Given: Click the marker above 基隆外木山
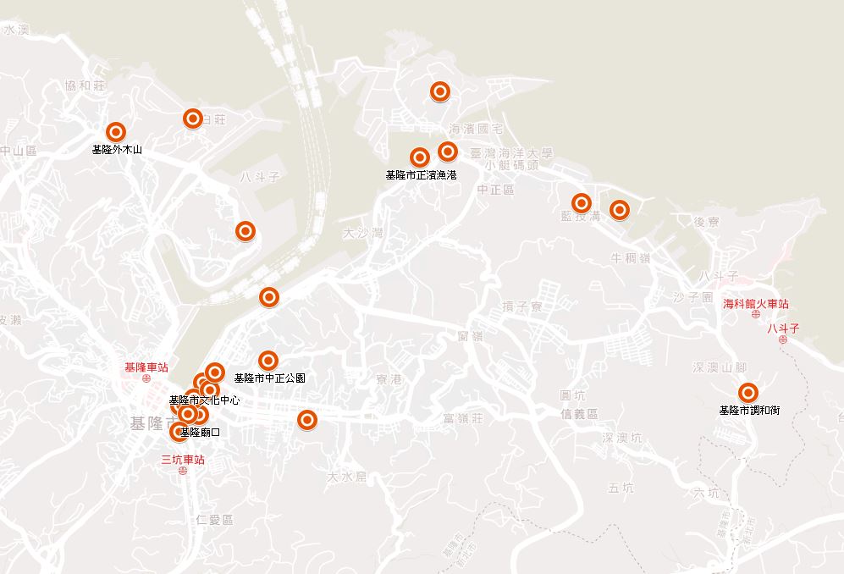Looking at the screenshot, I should pyautogui.click(x=116, y=132).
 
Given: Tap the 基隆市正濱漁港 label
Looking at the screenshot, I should pyautogui.click(x=421, y=175).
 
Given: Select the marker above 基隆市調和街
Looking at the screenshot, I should pyautogui.click(x=747, y=393).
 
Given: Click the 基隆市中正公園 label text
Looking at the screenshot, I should pyautogui.click(x=269, y=378).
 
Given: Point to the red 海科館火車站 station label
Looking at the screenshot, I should pyautogui.click(x=756, y=304).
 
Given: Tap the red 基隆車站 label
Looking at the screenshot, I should pyautogui.click(x=146, y=367).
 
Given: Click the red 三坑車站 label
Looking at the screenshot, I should pyautogui.click(x=183, y=460).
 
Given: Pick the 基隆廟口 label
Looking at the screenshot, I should pyautogui.click(x=201, y=433).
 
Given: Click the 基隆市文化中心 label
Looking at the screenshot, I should pyautogui.click(x=204, y=400).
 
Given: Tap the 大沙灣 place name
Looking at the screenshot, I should pyautogui.click(x=363, y=232).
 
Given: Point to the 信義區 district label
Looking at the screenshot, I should pyautogui.click(x=579, y=414).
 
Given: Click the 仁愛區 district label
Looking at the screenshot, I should pyautogui.click(x=213, y=519).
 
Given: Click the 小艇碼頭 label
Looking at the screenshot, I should pyautogui.click(x=511, y=166).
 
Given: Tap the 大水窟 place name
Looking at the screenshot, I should pyautogui.click(x=348, y=477).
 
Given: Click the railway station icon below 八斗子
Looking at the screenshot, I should pyautogui.click(x=783, y=339).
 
